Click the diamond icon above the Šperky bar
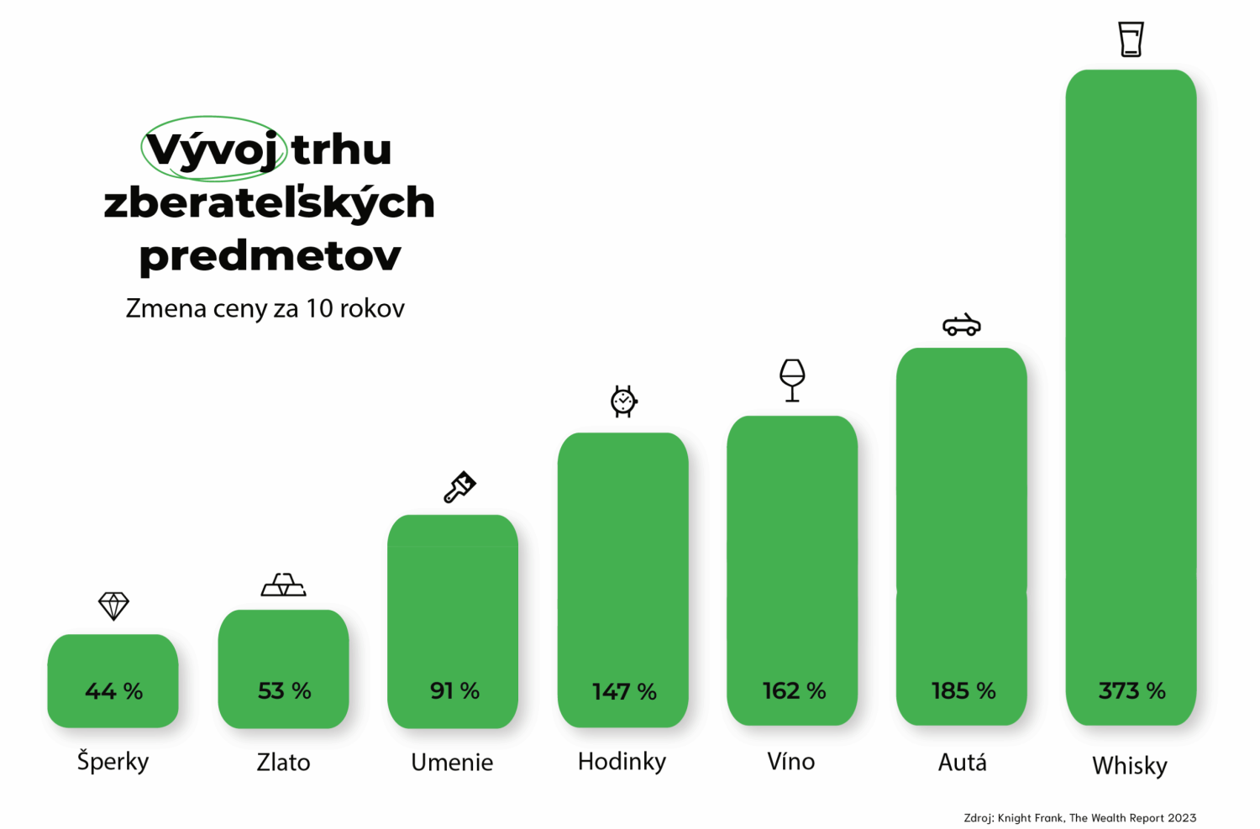point(113,606)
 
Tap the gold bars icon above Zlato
point(283,585)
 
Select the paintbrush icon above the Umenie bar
point(459,487)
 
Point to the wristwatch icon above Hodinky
point(623,401)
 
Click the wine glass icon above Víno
point(792,380)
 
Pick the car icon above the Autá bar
point(962,325)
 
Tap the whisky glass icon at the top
point(1131,39)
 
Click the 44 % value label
point(113,691)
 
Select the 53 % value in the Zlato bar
point(284,691)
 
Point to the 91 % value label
point(454,691)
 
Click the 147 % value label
point(624,692)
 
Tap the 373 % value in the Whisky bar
point(1131,691)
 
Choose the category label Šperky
point(113,762)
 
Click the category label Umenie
point(452,763)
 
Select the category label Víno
point(791,762)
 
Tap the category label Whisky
point(1130,766)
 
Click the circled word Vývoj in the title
point(213,150)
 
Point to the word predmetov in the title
point(270,255)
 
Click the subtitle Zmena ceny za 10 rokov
point(265,308)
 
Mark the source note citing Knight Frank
point(1079,817)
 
